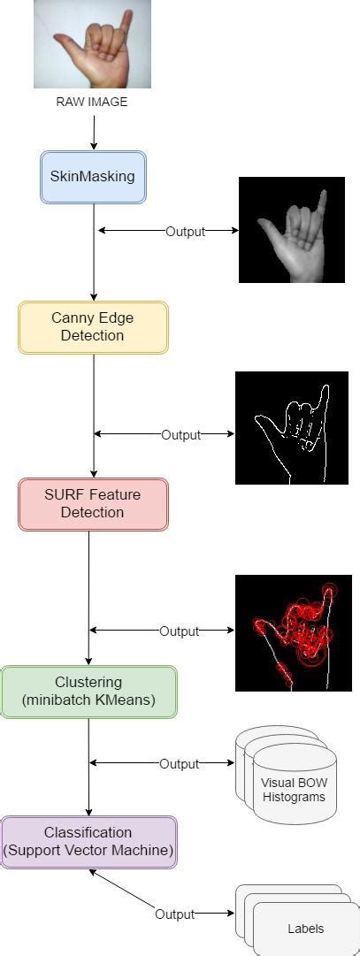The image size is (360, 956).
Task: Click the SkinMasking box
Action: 93,176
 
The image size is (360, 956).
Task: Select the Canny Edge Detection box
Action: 93,327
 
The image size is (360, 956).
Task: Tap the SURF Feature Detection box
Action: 93,504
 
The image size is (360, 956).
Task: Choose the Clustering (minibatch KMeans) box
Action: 88,691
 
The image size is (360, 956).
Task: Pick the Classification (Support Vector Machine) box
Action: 88,841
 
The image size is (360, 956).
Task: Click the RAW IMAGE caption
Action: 92,102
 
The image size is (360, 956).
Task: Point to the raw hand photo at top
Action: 92,44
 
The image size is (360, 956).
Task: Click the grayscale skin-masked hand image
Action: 291,230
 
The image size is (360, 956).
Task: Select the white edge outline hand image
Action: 291,428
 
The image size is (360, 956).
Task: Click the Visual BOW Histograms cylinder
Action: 292,783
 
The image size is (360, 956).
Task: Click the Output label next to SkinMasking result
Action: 185,232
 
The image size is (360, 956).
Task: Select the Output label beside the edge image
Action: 180,435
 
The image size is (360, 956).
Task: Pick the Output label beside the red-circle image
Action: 179,631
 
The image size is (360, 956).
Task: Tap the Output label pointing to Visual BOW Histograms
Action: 179,764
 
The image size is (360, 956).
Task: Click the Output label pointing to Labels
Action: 174,914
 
